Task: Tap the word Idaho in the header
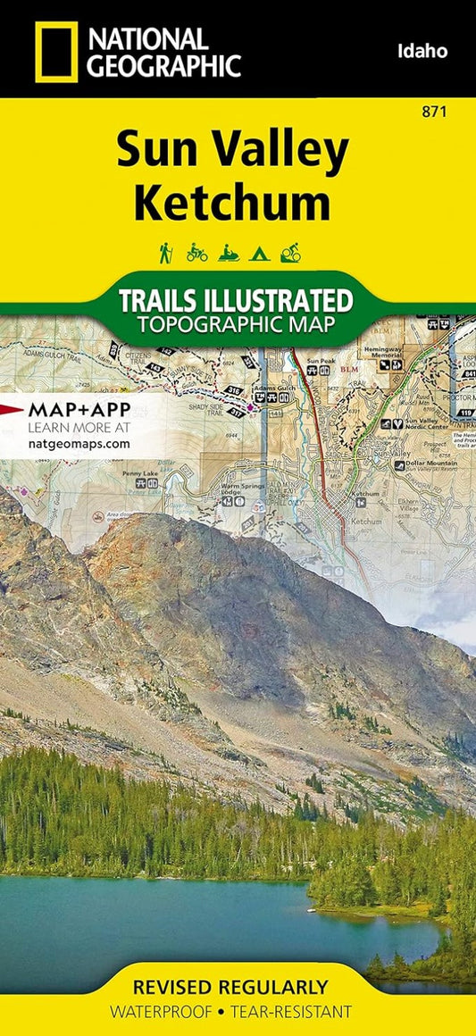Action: tap(422, 52)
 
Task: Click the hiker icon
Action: tap(165, 253)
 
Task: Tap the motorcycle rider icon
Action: tap(196, 253)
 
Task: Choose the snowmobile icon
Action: tap(229, 253)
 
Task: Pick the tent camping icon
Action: tap(260, 253)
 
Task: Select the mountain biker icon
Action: tap(291, 253)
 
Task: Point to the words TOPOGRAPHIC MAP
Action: tap(237, 322)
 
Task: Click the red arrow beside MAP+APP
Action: tap(13, 408)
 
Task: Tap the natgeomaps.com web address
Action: tap(79, 442)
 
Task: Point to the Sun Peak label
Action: tap(319, 361)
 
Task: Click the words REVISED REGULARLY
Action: tap(230, 988)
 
